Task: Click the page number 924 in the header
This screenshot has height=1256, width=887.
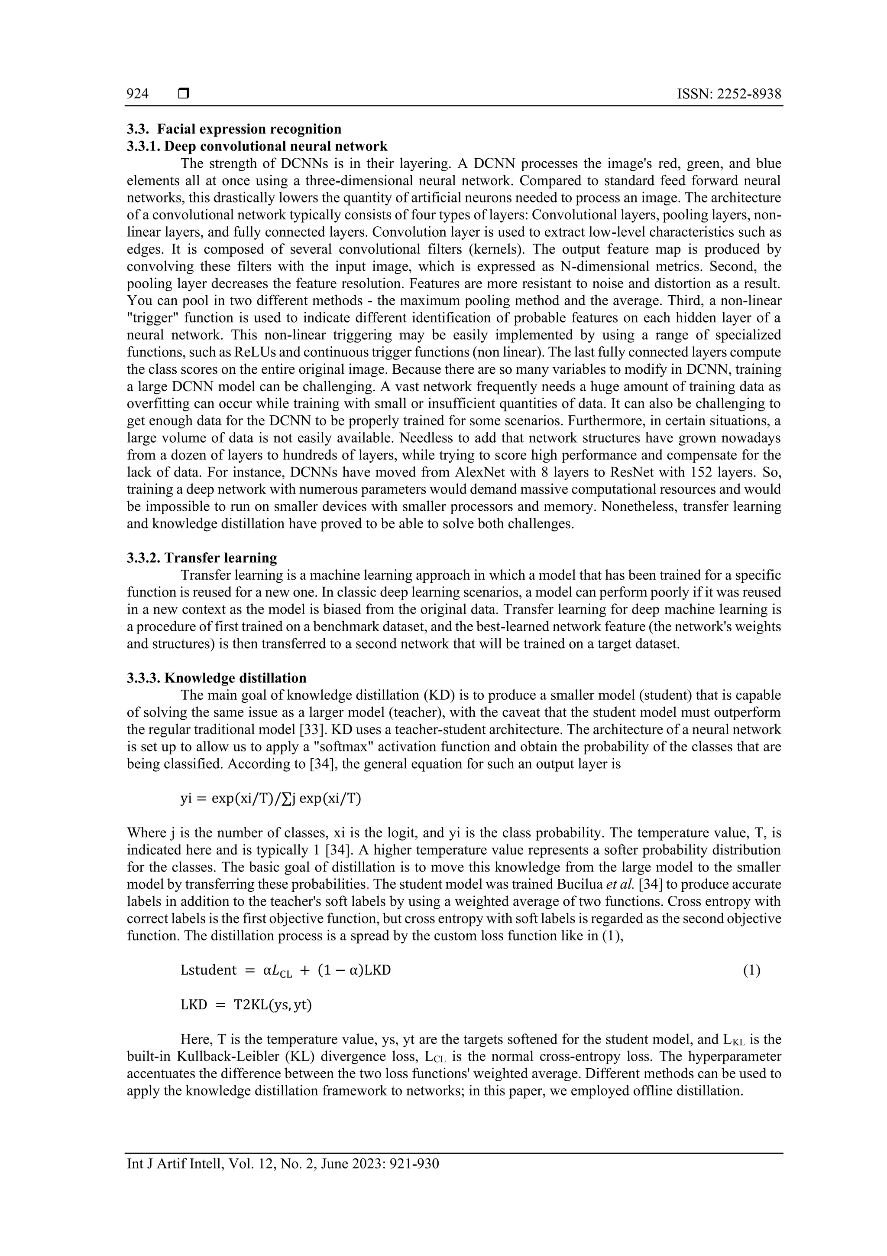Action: coord(137,94)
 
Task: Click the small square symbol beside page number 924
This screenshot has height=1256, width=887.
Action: coord(184,94)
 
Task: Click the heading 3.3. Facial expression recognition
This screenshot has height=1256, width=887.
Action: coord(234,129)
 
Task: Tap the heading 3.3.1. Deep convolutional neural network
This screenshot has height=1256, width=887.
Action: coord(257,146)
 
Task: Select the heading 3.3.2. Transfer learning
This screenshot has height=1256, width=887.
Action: coord(202,558)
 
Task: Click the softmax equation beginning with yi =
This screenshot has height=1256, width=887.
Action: coord(271,798)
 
